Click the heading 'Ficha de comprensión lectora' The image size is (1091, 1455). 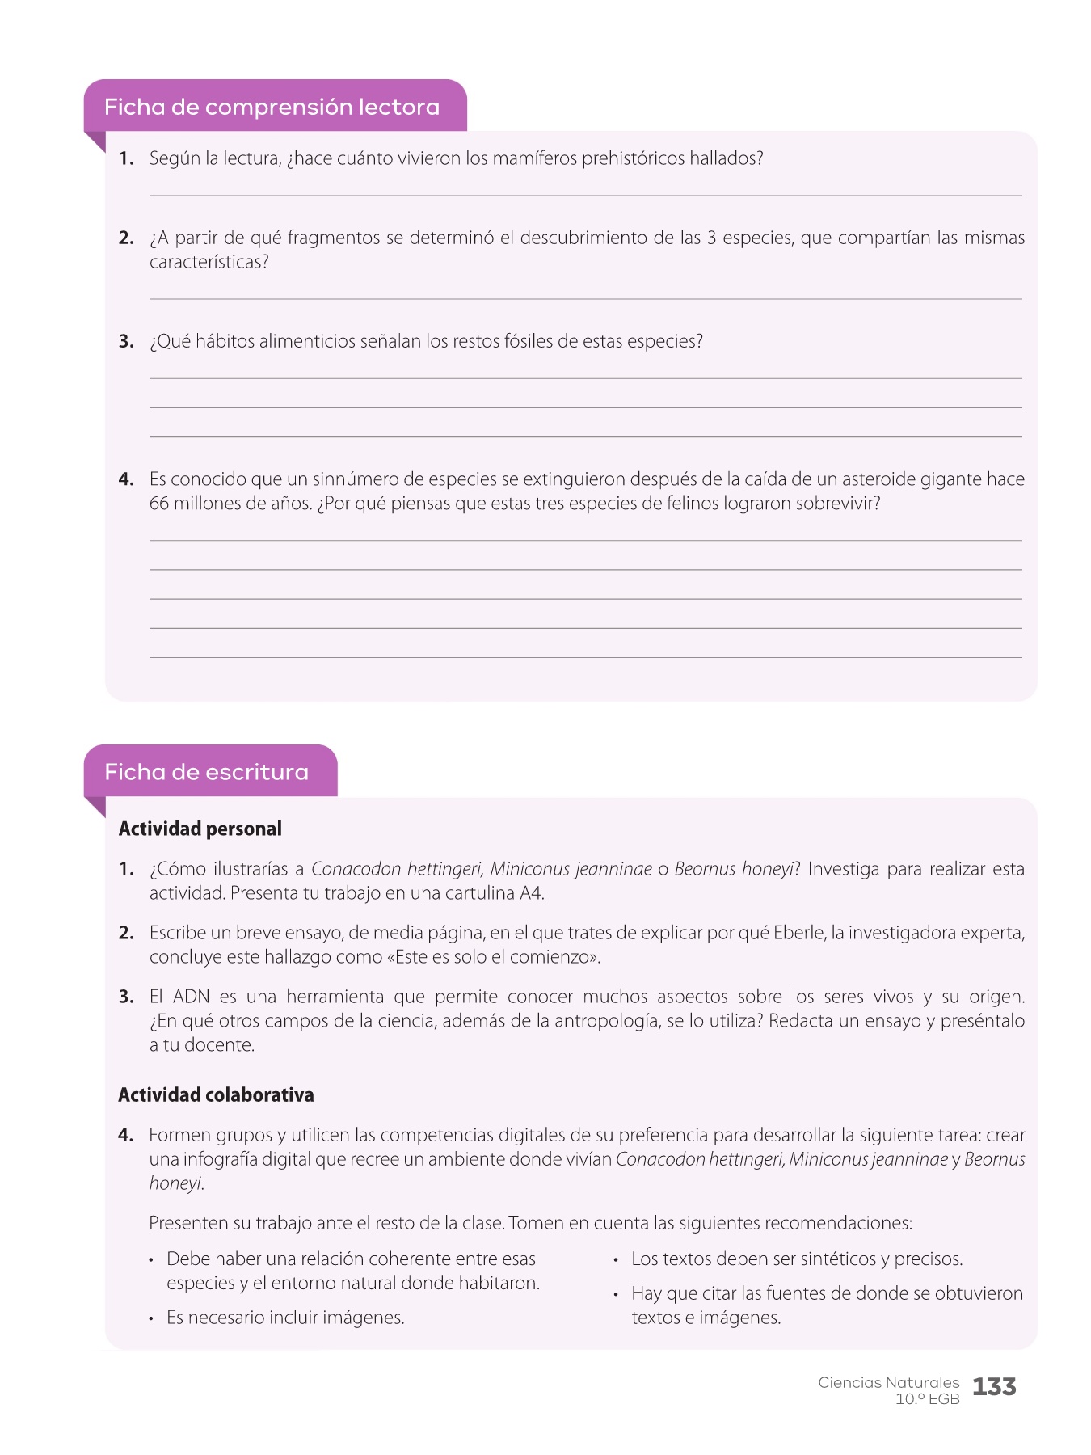pyautogui.click(x=272, y=108)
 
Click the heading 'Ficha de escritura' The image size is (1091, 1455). pyautogui.click(x=206, y=773)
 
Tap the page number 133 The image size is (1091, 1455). pyautogui.click(x=994, y=1387)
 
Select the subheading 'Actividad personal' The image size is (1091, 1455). pyautogui.click(x=200, y=829)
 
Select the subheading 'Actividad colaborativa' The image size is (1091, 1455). pyautogui.click(x=216, y=1095)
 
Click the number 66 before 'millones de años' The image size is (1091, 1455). pyautogui.click(x=159, y=504)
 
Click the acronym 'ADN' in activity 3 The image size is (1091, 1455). pyautogui.click(x=191, y=997)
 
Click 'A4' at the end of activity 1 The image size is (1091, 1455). pyautogui.click(x=531, y=893)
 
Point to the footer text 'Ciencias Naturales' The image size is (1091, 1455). pyautogui.click(x=888, y=1383)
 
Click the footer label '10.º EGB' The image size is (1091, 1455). pyautogui.click(x=927, y=1399)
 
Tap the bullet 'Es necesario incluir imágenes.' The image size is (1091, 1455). pyautogui.click(x=285, y=1318)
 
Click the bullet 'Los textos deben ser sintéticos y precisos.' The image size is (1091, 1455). pyautogui.click(x=797, y=1259)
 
